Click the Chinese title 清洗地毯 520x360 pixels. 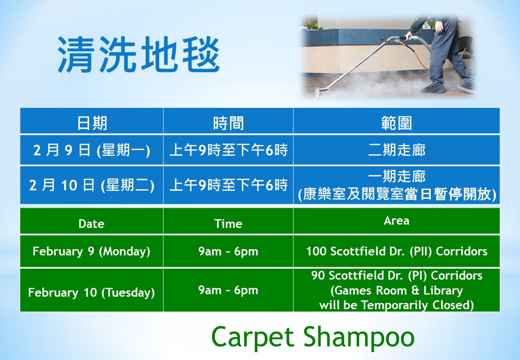pyautogui.click(x=139, y=55)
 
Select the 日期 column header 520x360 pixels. pyautogui.click(x=92, y=123)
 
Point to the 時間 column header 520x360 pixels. pyautogui.click(x=228, y=123)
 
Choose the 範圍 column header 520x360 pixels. pyautogui.click(x=397, y=123)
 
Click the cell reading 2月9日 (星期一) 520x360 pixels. pyautogui.click(x=92, y=150)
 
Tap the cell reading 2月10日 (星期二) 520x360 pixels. pyautogui.click(x=92, y=185)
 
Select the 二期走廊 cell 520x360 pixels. pyautogui.click(x=397, y=150)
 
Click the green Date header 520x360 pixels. pyautogui.click(x=92, y=224)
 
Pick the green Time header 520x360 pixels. pyautogui.click(x=228, y=224)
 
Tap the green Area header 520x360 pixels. pyautogui.click(x=397, y=220)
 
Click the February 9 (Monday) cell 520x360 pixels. pyautogui.click(x=92, y=252)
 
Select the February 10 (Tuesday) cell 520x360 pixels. pyautogui.click(x=92, y=292)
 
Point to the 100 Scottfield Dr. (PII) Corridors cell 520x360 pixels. pyautogui.click(x=397, y=251)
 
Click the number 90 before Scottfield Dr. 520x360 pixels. pyautogui.click(x=318, y=275)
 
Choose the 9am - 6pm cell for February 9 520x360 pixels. pyautogui.click(x=228, y=251)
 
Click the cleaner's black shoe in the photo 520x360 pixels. pyautogui.click(x=433, y=89)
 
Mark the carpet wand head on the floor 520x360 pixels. pyautogui.click(x=317, y=95)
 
